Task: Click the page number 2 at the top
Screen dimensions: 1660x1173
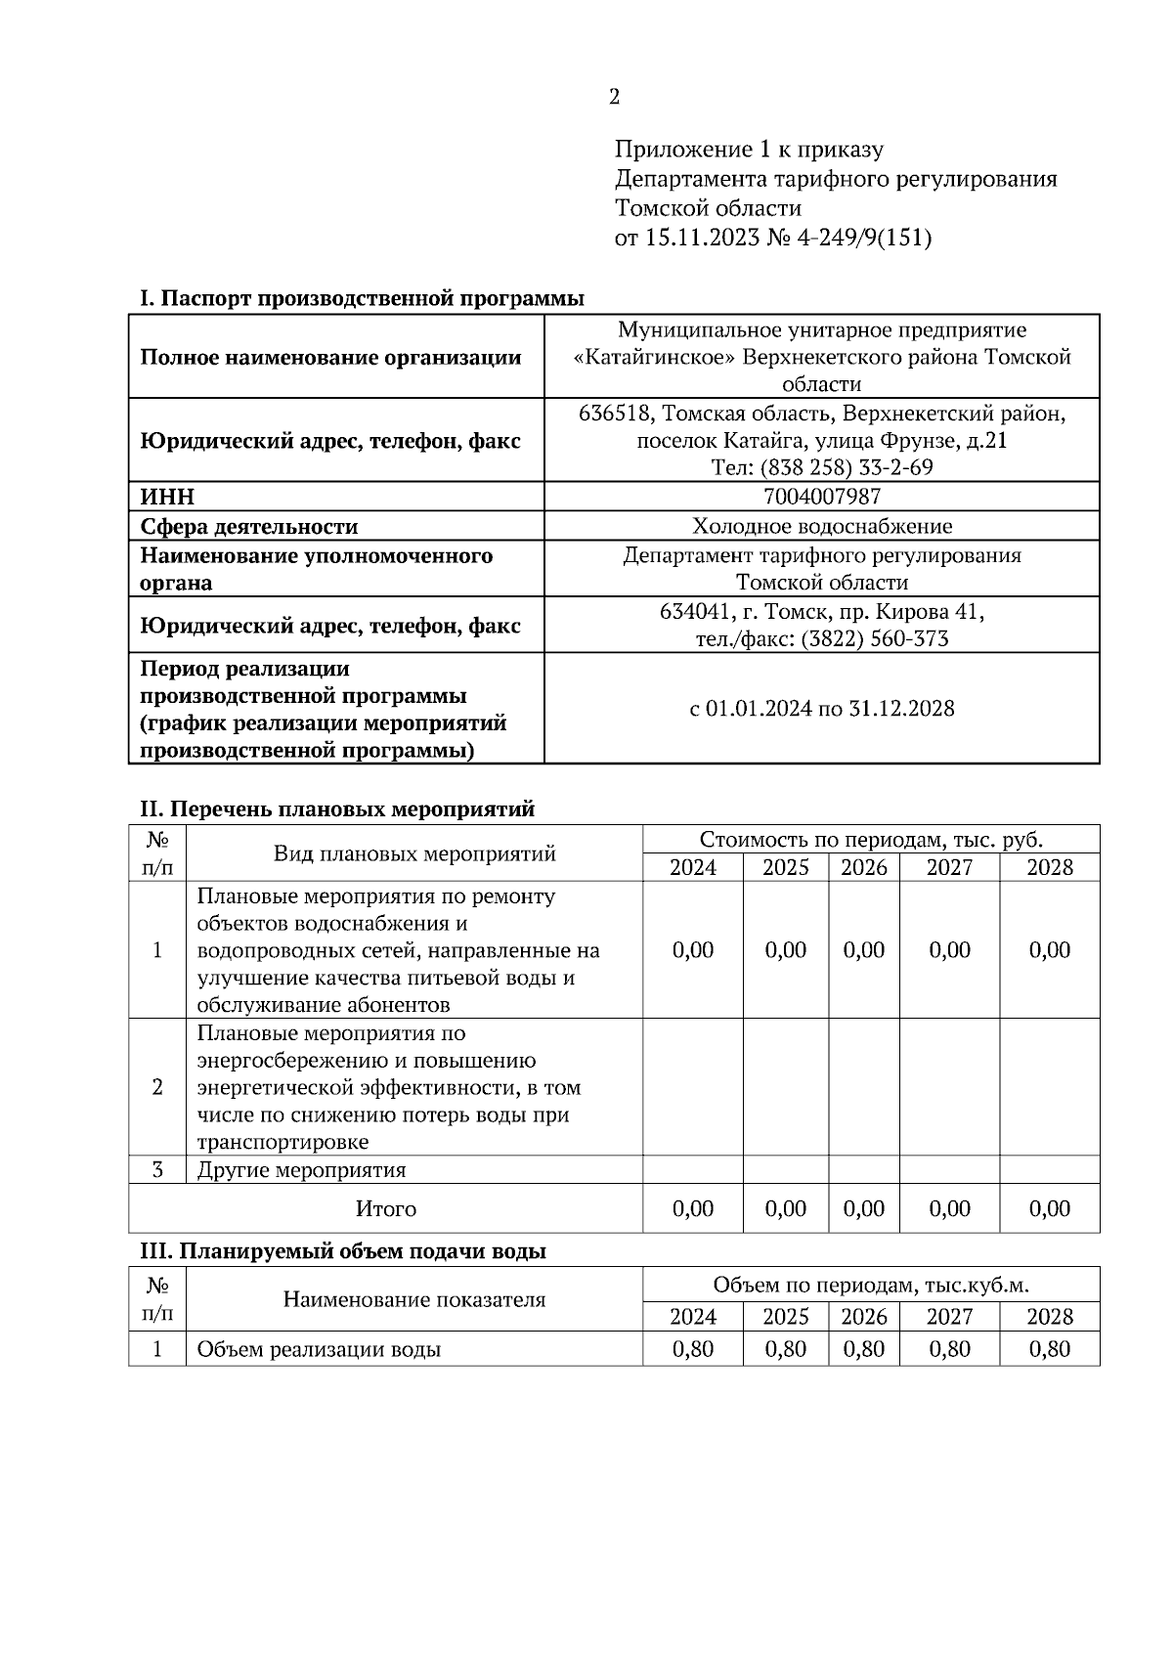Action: [x=614, y=97]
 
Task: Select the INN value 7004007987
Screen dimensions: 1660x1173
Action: [x=821, y=497]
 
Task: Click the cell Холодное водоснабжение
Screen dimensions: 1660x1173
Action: [x=821, y=527]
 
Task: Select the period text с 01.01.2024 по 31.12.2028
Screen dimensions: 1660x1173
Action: [x=821, y=709]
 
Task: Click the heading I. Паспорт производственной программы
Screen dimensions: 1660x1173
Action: [x=362, y=297]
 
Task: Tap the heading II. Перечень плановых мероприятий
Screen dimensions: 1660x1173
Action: [x=337, y=809]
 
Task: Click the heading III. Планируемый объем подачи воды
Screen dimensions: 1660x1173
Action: [x=343, y=1251]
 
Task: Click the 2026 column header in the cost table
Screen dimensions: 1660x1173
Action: [x=864, y=867]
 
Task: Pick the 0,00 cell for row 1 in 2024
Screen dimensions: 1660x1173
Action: [x=693, y=950]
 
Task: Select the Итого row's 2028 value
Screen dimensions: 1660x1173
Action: [x=1049, y=1208]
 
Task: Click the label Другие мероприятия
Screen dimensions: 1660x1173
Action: [x=301, y=1170]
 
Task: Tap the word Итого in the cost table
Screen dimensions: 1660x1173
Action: [x=385, y=1209]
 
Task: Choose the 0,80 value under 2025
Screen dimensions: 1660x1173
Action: [x=785, y=1349]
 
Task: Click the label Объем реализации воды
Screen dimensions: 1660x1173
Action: [x=319, y=1350]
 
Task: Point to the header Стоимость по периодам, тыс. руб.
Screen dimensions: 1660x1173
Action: [x=870, y=840]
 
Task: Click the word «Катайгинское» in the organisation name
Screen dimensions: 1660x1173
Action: [x=653, y=358]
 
